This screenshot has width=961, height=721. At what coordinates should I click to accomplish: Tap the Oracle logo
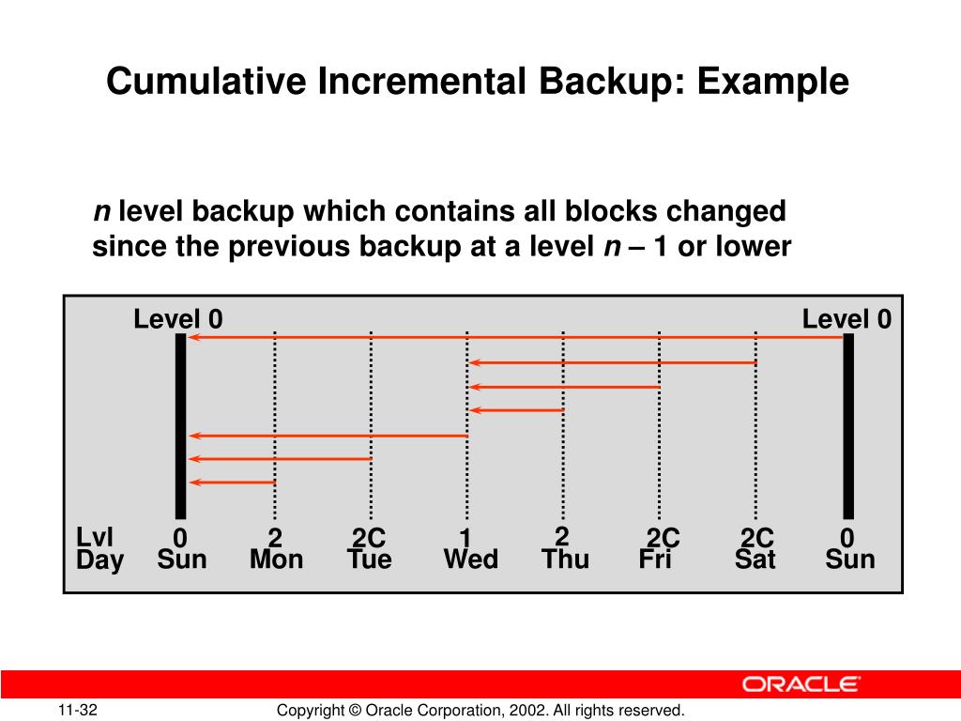click(801, 684)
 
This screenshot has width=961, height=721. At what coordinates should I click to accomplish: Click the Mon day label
click(276, 560)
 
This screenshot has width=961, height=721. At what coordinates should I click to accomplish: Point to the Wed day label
click(470, 560)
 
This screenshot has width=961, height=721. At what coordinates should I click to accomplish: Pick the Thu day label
click(565, 560)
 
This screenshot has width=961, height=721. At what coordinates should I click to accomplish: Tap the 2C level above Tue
click(369, 538)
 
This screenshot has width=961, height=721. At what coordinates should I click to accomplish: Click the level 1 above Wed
click(465, 538)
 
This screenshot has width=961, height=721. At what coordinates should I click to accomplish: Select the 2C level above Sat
click(756, 538)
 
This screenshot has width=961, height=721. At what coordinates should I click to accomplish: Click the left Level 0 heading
click(178, 319)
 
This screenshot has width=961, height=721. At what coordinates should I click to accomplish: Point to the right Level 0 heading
click(847, 319)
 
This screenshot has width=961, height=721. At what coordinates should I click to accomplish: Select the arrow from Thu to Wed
click(516, 410)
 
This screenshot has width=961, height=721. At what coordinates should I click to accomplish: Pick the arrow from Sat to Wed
click(613, 362)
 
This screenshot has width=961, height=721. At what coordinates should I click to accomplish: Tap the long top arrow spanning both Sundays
click(516, 337)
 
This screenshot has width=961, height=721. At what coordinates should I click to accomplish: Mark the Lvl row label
click(95, 537)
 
